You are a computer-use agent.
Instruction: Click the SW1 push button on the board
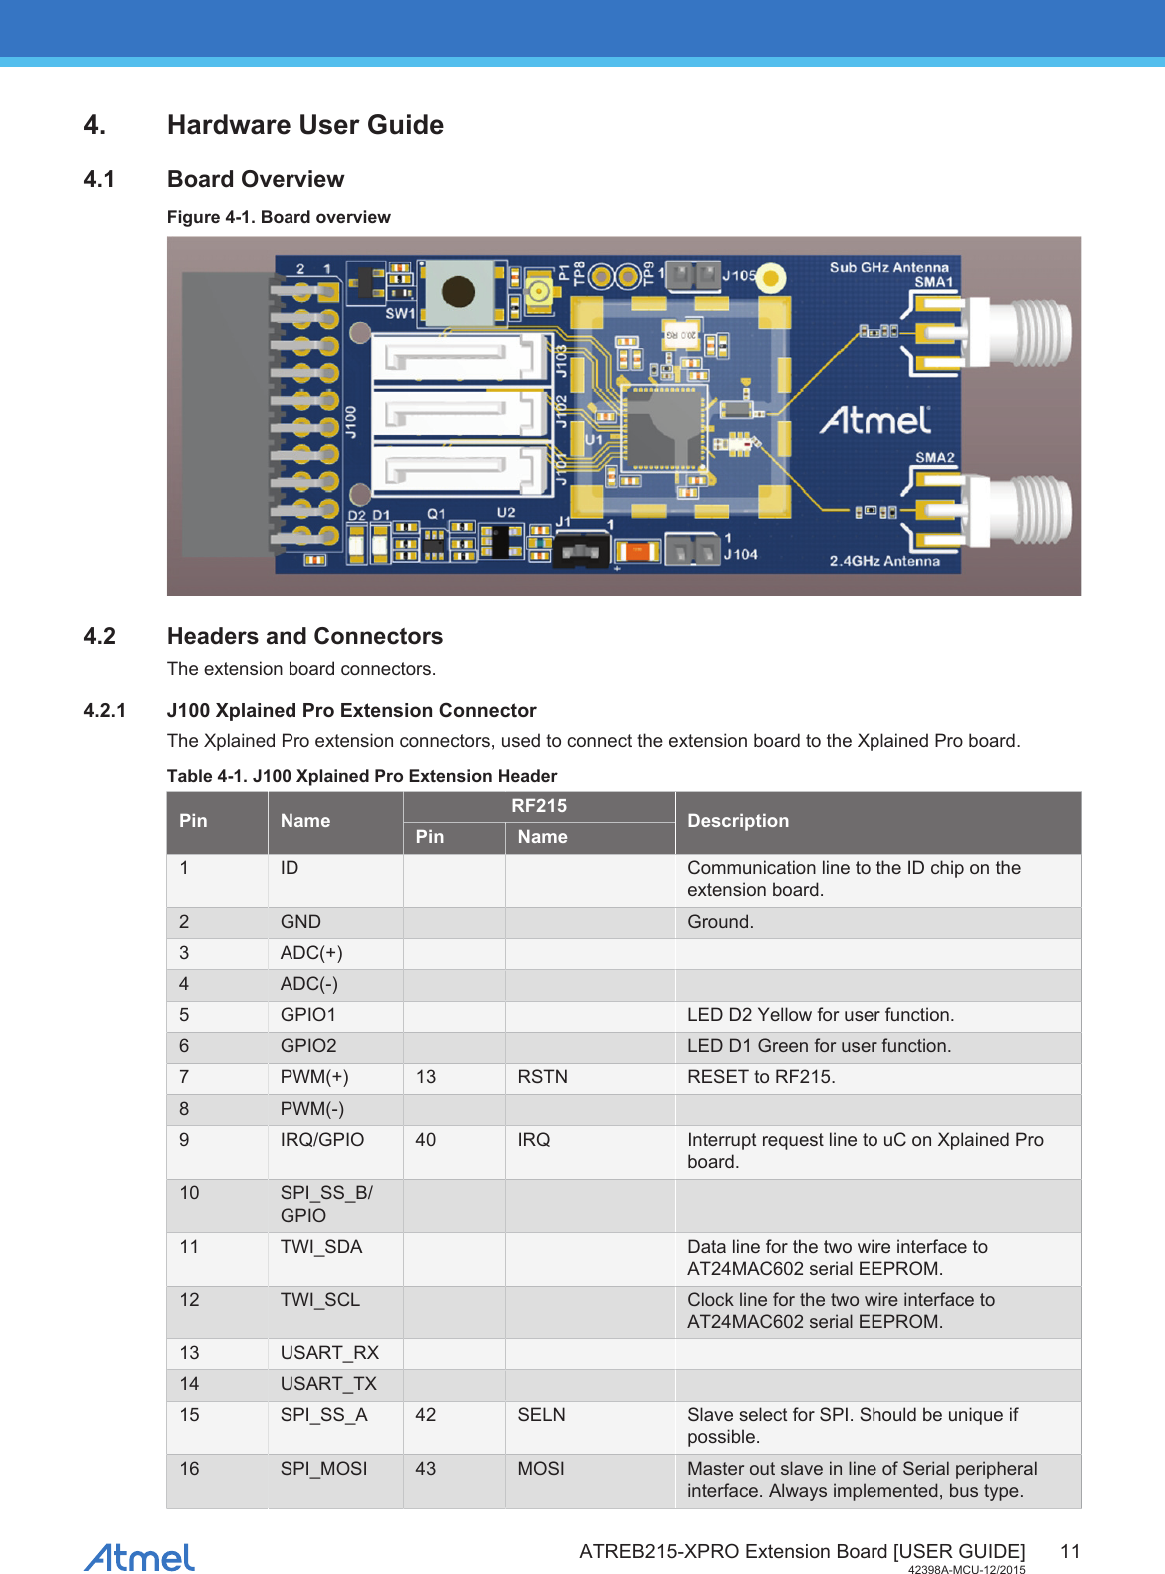[458, 291]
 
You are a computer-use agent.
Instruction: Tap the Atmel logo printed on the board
[875, 420]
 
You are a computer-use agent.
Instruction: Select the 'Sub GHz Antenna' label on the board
[888, 267]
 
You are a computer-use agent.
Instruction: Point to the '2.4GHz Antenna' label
[884, 561]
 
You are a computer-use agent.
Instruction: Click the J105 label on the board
[739, 275]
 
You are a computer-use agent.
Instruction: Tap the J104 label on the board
[740, 554]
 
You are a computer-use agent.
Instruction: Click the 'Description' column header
[738, 821]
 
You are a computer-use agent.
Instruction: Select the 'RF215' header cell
[539, 806]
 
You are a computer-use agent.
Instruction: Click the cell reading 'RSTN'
[543, 1077]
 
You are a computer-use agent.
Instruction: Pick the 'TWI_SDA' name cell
[321, 1247]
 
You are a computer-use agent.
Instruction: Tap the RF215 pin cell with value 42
[426, 1415]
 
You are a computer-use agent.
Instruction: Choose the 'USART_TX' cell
[328, 1384]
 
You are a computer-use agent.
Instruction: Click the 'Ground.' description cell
[720, 922]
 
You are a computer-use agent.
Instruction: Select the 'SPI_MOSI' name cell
[323, 1469]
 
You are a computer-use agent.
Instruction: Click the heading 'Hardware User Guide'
[305, 125]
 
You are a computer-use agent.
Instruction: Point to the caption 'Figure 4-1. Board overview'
[279, 217]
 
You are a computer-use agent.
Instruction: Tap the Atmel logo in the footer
[139, 1557]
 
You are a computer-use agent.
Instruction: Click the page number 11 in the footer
[1070, 1551]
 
